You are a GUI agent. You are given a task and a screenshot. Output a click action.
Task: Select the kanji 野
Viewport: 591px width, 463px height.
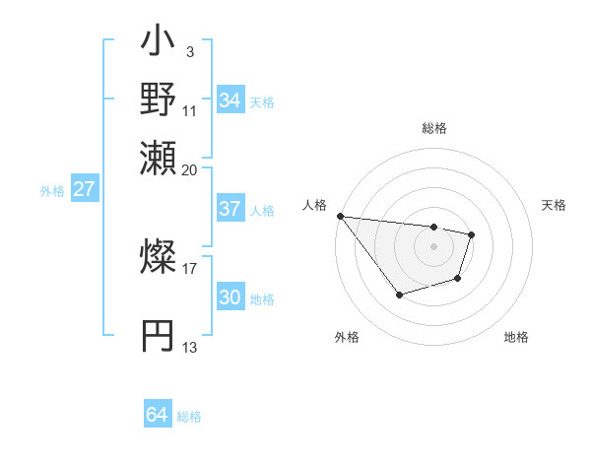click(158, 100)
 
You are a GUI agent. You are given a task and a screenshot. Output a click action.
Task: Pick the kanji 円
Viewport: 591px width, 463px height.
click(158, 335)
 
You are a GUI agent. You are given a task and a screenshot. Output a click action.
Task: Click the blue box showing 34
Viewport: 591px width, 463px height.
click(230, 100)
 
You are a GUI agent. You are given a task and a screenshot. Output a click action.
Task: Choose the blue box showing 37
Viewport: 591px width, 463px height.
click(230, 209)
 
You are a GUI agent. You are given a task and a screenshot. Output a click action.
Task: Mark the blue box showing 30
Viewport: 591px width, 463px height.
click(230, 298)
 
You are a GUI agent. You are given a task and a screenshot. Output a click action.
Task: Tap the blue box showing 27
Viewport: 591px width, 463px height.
click(84, 189)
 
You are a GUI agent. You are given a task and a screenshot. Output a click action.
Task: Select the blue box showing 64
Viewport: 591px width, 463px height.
click(157, 415)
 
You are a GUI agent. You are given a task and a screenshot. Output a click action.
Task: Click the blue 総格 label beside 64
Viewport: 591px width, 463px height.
click(189, 417)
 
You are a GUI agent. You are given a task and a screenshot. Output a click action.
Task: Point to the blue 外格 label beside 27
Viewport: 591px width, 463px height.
click(52, 191)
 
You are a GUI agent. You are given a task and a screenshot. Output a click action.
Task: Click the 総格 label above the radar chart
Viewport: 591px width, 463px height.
click(433, 128)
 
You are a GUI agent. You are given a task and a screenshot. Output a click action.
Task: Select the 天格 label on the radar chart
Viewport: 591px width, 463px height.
click(555, 205)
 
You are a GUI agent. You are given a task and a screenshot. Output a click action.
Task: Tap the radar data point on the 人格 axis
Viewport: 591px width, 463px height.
click(340, 216)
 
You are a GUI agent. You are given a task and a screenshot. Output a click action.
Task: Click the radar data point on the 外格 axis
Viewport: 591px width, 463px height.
click(399, 295)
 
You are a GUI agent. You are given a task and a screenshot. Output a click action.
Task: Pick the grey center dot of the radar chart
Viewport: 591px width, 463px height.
click(433, 246)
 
